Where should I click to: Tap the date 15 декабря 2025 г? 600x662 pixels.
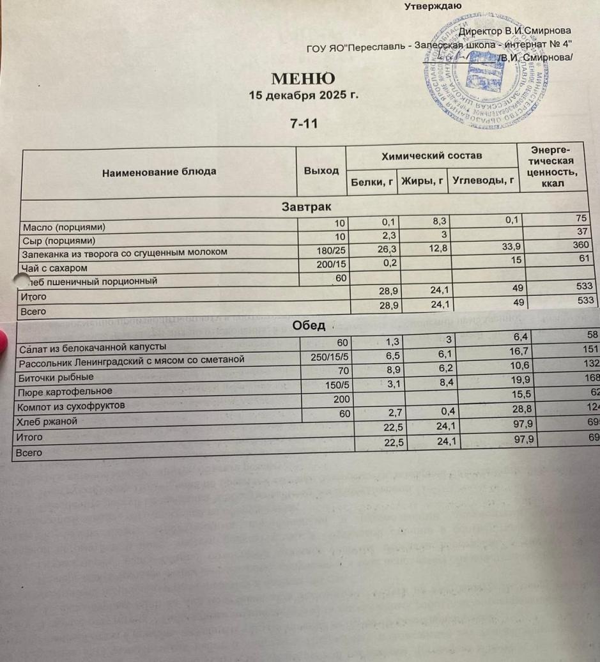(x=304, y=95)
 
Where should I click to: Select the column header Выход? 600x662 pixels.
(x=321, y=171)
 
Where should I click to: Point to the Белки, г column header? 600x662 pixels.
(x=371, y=181)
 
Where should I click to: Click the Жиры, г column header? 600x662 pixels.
(x=422, y=181)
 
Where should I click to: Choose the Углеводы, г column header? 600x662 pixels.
(x=483, y=181)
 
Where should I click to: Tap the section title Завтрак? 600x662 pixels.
(x=306, y=207)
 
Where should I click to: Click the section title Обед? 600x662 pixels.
(x=309, y=325)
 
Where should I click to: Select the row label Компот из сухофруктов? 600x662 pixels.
(x=72, y=405)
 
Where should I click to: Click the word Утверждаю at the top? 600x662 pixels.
(x=434, y=7)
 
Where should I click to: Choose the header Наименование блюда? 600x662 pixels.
(x=159, y=171)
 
